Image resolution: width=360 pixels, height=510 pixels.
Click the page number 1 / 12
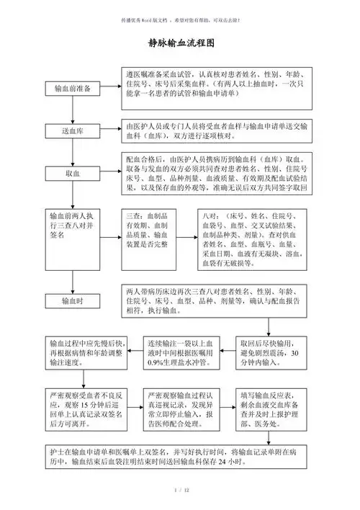click(x=181, y=491)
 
